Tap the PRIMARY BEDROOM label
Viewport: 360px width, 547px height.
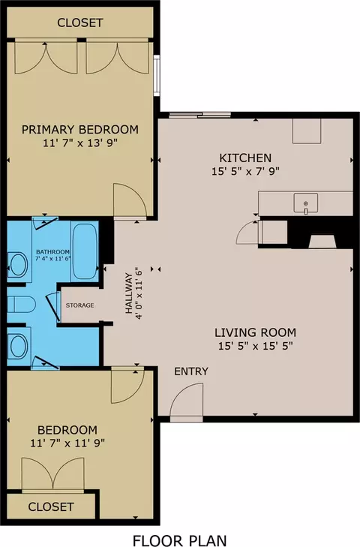[80, 129]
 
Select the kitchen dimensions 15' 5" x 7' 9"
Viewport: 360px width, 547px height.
[245, 171]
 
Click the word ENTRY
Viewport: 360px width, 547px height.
[191, 371]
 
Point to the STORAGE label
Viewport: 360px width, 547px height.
[80, 305]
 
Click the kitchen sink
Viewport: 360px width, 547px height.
[305, 203]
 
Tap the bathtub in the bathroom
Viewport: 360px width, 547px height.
[85, 251]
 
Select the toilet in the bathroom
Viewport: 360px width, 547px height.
[21, 305]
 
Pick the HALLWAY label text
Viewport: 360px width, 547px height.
[129, 293]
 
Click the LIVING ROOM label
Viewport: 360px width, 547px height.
[255, 332]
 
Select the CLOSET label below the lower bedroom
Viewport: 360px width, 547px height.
[51, 506]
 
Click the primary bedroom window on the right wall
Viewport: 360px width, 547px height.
[157, 76]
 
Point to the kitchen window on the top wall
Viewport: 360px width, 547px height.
[200, 115]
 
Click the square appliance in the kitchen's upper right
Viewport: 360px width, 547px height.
[307, 131]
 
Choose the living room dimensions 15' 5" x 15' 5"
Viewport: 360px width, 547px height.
[255, 346]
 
